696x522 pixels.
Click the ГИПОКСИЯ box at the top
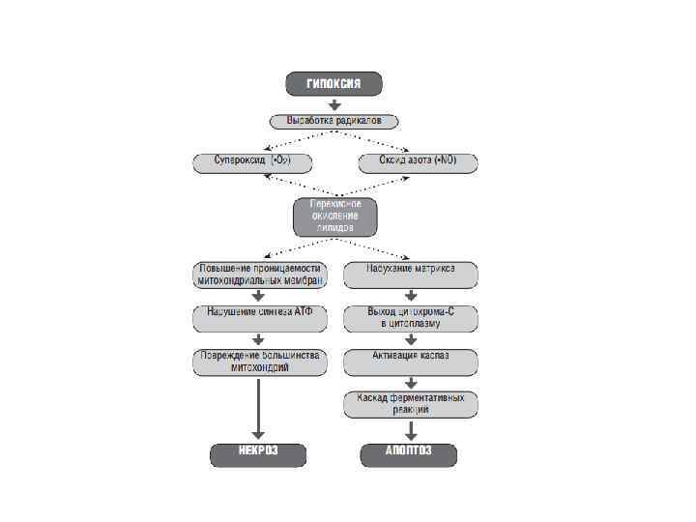click(333, 84)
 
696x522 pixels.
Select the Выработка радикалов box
click(333, 122)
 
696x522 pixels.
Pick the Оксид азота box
click(418, 161)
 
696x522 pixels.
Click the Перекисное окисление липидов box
click(333, 217)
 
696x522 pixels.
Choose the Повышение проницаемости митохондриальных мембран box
click(259, 275)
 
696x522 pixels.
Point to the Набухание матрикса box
click(411, 274)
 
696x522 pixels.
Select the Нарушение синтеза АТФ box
click(259, 316)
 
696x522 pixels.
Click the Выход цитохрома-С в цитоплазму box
click(411, 316)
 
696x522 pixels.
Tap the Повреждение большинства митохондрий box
click(259, 361)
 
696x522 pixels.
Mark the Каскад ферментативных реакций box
click(411, 404)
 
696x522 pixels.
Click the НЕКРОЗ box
click(259, 454)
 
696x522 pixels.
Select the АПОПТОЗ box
click(409, 454)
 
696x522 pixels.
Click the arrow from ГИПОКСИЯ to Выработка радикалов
click(333, 103)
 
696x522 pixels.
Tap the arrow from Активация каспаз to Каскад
click(411, 381)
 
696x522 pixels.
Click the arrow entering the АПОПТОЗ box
click(411, 430)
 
